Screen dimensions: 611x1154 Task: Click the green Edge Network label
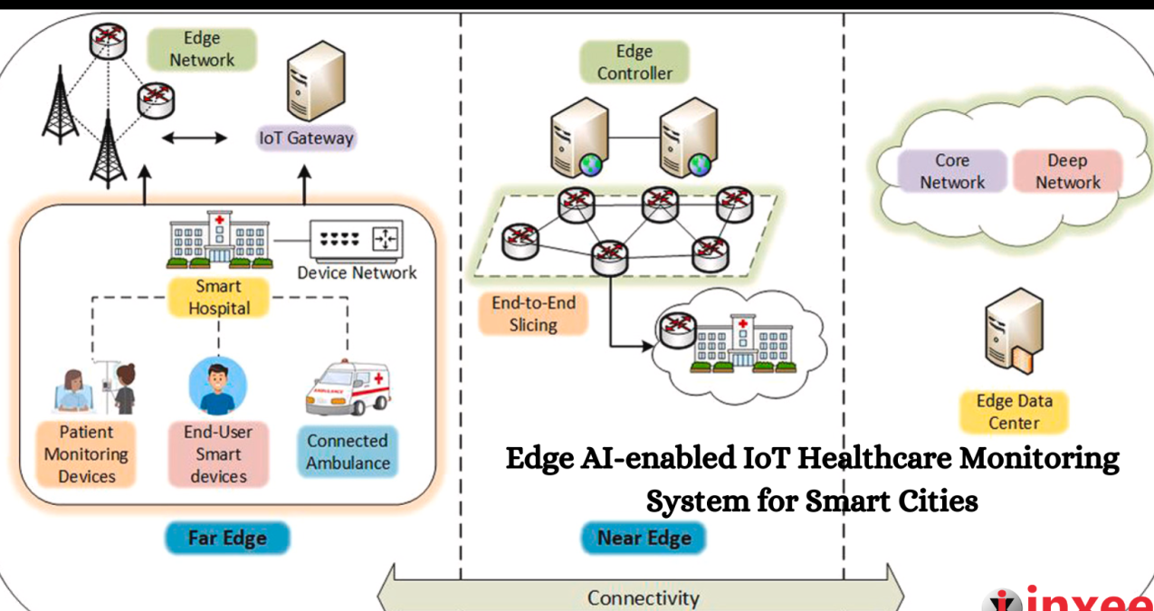click(x=202, y=50)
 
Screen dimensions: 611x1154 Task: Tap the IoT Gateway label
click(x=306, y=138)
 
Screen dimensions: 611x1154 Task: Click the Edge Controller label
click(x=634, y=62)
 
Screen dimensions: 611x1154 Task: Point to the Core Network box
click(x=952, y=171)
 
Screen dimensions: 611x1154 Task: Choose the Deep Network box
click(x=1068, y=171)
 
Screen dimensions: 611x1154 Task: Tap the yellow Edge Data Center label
click(x=1014, y=412)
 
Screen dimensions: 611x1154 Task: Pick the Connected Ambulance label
click(x=348, y=452)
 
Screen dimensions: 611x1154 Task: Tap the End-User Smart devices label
click(x=219, y=453)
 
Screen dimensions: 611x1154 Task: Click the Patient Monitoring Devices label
click(x=86, y=453)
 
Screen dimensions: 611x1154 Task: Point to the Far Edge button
click(x=227, y=539)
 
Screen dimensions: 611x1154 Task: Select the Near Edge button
click(x=644, y=539)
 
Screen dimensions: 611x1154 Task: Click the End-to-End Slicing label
click(x=533, y=313)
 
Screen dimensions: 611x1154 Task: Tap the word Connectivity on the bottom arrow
click(x=644, y=597)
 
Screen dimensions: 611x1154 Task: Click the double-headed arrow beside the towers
click(x=196, y=138)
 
